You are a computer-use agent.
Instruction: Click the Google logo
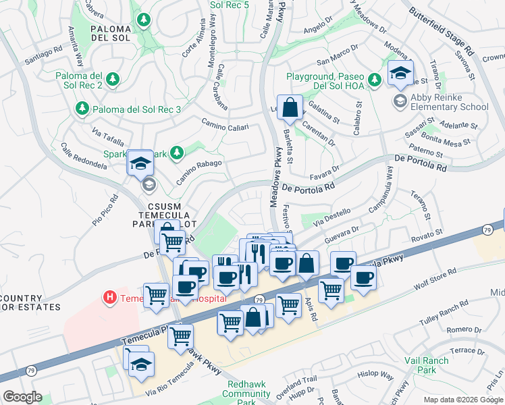tap(22, 397)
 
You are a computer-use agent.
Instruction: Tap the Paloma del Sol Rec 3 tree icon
tap(82, 108)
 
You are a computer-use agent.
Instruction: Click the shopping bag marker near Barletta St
tap(290, 107)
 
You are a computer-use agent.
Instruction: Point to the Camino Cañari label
tap(225, 124)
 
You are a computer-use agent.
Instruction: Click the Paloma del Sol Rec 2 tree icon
tap(113, 80)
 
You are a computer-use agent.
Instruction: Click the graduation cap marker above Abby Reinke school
tap(400, 74)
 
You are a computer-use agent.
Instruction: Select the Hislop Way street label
tap(375, 375)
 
